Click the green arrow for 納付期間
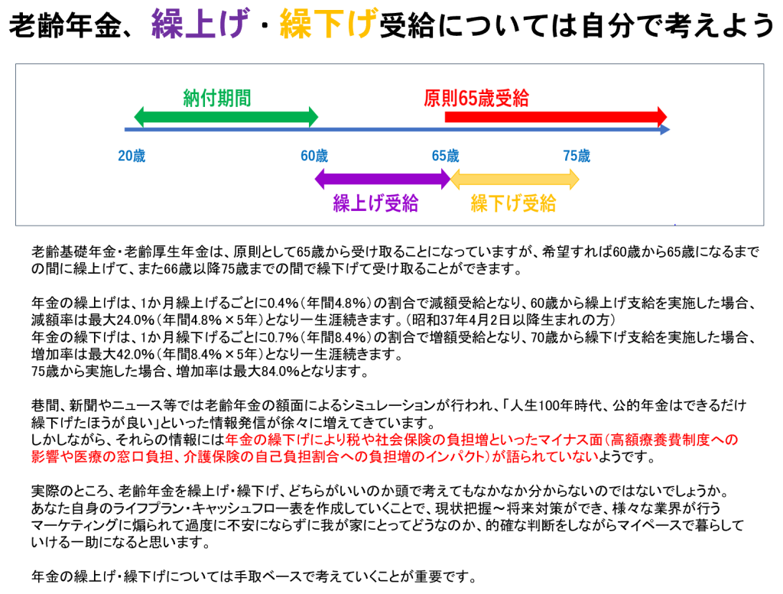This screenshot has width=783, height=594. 226,117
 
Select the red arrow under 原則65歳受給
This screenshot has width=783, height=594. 556,117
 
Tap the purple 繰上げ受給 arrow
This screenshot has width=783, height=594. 382,179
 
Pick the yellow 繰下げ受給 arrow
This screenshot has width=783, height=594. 515,179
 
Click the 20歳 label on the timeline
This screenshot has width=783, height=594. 132,156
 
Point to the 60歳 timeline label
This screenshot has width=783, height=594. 314,156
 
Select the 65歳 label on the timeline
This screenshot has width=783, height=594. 446,156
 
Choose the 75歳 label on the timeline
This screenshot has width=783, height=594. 577,156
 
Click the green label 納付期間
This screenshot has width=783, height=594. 217,98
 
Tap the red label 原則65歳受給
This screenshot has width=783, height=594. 476,98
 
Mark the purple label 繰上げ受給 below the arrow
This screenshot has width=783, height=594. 376,203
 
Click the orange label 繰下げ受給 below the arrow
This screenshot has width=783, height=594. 513,203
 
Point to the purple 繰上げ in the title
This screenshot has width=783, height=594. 200,24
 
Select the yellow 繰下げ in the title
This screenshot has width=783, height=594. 329,24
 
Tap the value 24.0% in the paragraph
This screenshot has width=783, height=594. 135,320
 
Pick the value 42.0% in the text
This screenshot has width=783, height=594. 135,354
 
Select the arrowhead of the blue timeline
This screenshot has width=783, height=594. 665,130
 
